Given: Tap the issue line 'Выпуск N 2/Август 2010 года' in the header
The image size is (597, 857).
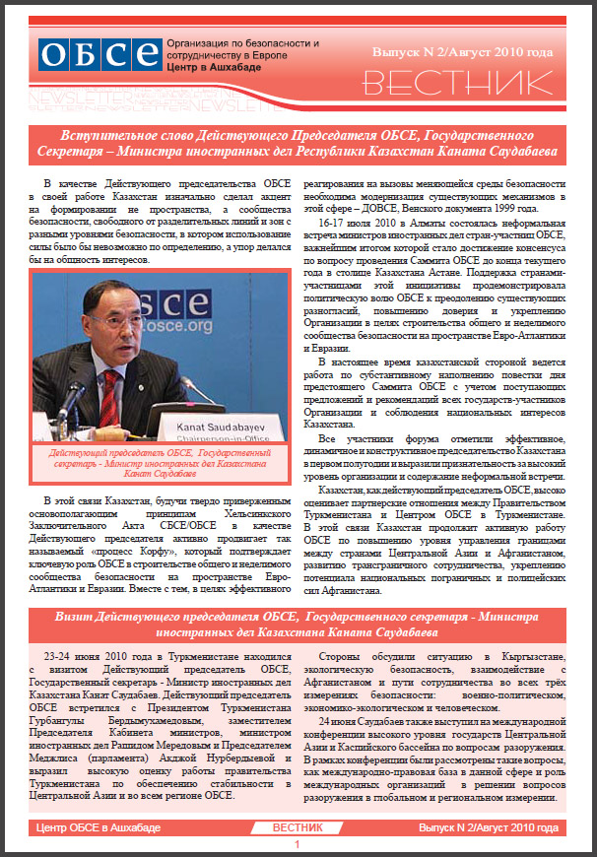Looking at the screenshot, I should [x=462, y=48].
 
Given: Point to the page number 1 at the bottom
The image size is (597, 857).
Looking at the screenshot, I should [x=298, y=845].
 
